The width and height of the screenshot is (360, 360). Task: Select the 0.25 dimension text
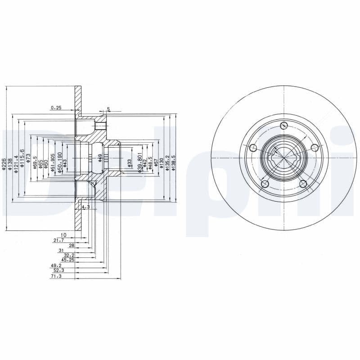click(x=56, y=108)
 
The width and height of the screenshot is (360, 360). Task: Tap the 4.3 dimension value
click(x=85, y=207)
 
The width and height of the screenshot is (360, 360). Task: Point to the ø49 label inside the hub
click(x=100, y=157)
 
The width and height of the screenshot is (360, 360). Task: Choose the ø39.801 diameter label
click(x=140, y=160)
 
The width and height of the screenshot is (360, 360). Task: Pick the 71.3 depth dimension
click(x=56, y=276)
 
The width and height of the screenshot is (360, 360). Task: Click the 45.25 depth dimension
click(x=68, y=260)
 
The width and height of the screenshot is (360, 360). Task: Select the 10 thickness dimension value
click(x=63, y=235)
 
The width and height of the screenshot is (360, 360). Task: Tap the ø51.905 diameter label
click(x=53, y=162)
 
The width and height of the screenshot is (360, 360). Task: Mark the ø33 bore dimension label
click(x=130, y=163)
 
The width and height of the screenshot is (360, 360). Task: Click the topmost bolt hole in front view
click(x=283, y=126)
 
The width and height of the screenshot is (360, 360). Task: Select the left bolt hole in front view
click(x=253, y=148)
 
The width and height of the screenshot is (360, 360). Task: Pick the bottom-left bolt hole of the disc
click(x=265, y=184)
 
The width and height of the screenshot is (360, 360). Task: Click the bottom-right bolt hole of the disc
click(x=303, y=183)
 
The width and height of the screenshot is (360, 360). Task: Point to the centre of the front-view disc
click(x=284, y=158)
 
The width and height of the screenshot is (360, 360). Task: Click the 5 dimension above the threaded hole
click(x=108, y=109)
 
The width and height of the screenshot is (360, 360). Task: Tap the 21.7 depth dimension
click(x=58, y=241)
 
